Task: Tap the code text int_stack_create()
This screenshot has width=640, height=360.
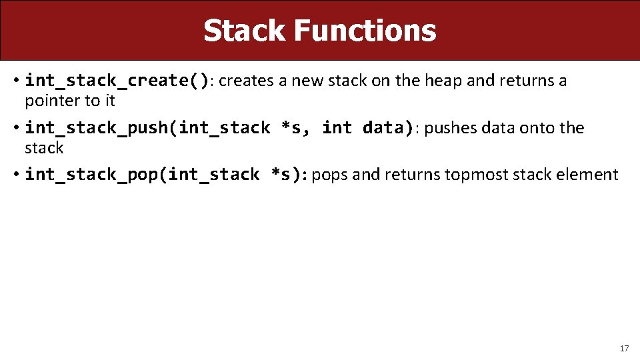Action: tap(117, 81)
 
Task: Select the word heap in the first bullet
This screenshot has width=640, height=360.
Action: tap(443, 81)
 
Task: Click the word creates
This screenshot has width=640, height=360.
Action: tap(246, 81)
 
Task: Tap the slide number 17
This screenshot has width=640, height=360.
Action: tap(624, 348)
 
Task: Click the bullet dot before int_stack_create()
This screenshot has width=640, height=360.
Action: tap(15, 81)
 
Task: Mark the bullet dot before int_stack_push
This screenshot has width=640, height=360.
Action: tap(15, 128)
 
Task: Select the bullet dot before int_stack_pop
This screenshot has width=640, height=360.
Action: tap(15, 175)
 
